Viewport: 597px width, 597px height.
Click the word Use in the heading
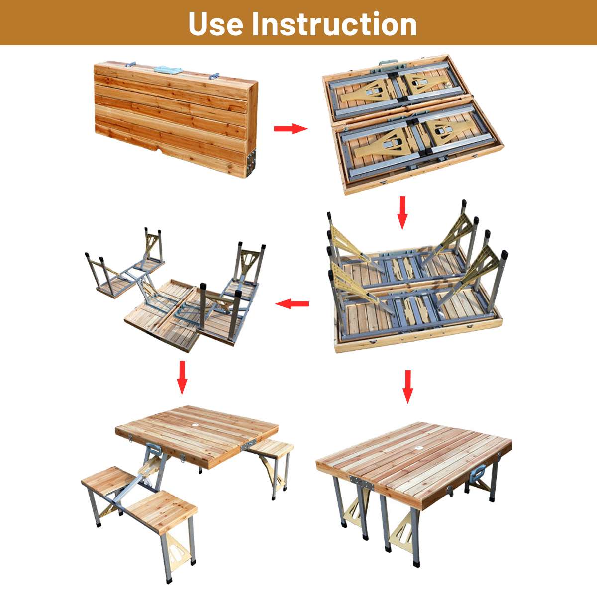coord(215,24)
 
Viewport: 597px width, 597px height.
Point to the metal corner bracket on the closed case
coord(251,162)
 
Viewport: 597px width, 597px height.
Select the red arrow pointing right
coord(291,128)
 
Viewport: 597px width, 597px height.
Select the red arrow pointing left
coord(292,303)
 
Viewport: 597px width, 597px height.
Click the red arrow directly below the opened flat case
coord(402,212)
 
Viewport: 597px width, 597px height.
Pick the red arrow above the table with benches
coord(182,377)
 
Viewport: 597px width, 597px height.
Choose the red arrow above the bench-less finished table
coord(408,387)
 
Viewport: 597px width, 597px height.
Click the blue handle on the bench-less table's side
coord(478,474)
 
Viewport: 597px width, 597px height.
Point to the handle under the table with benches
coord(152,450)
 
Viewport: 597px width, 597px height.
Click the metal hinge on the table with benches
coord(249,445)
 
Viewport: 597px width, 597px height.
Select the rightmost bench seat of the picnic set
coord(272,448)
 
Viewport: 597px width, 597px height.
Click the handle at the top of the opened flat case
coord(388,63)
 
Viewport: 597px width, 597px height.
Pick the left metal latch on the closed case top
coord(130,65)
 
